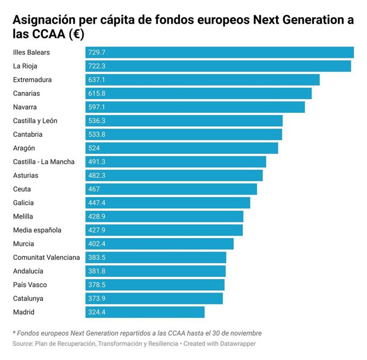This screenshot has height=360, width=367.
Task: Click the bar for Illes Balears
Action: pyautogui.click(x=219, y=52)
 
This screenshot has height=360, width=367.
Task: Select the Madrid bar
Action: pyautogui.click(x=145, y=312)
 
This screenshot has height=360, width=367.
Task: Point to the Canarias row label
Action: pyautogui.click(x=27, y=94)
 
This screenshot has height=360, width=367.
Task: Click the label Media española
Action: pyautogui.click(x=37, y=230)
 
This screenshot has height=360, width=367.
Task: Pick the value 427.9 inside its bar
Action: pyautogui.click(x=97, y=230)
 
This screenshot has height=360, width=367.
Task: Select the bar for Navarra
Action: pyautogui.click(x=195, y=107)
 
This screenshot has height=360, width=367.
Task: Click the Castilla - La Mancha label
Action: pyautogui.click(x=44, y=162)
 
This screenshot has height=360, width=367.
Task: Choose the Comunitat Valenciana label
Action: pyautogui.click(x=46, y=257)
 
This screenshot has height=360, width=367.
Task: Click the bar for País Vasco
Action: pyautogui.click(x=155, y=285)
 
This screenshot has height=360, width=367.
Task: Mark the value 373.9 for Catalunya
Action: pyautogui.click(x=97, y=299)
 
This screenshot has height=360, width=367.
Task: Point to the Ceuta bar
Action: pyautogui.click(x=171, y=189)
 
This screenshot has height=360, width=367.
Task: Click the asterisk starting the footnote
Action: pyautogui.click(x=14, y=332)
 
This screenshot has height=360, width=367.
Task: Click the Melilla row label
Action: pyautogui.click(x=23, y=216)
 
